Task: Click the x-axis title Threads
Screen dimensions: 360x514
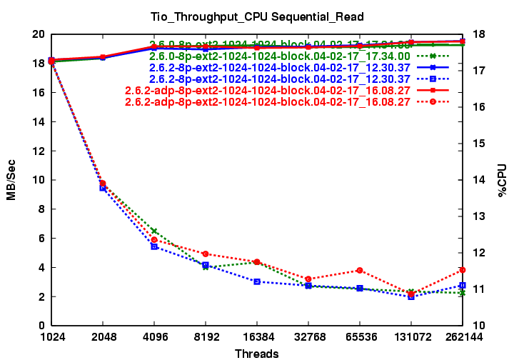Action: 256,353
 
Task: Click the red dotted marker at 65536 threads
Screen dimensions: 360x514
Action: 360,270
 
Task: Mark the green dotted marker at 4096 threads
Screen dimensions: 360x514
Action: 154,231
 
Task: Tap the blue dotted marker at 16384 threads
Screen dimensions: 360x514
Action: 257,281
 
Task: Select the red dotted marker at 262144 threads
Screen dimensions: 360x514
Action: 463,270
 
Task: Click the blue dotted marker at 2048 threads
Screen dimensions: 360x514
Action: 103,188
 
